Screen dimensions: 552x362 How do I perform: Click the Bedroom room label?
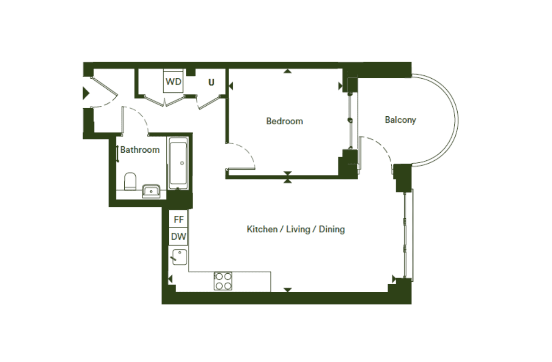(285, 121)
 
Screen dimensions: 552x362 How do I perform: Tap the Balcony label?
(400, 120)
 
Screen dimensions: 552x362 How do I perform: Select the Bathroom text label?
(140, 149)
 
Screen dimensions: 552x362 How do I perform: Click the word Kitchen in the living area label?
(262, 229)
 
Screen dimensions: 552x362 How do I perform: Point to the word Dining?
(331, 230)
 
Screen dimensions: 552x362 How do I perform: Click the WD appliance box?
(173, 81)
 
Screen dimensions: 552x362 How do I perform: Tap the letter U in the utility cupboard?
(211, 83)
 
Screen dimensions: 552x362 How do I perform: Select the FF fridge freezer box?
(178, 219)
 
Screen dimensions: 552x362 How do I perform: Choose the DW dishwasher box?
(178, 236)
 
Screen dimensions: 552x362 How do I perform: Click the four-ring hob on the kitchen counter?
(223, 281)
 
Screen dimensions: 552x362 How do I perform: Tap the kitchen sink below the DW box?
(179, 257)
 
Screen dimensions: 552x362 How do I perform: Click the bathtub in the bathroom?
(179, 163)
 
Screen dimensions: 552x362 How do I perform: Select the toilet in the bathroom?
(130, 181)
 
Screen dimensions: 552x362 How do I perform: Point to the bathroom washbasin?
(151, 192)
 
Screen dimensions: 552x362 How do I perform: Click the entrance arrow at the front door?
(86, 93)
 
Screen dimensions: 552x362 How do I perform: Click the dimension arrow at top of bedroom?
(287, 71)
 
